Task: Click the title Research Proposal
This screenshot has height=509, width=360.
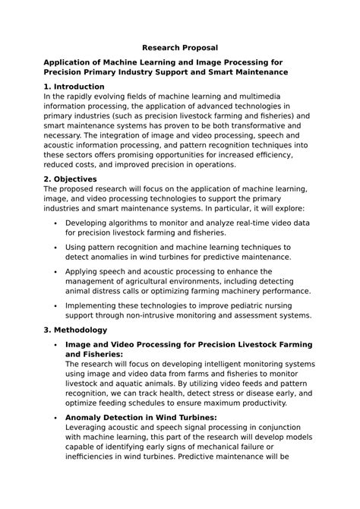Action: [x=179, y=47]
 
